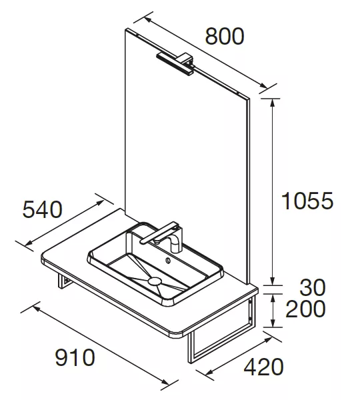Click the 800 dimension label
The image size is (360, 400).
pos(225,36)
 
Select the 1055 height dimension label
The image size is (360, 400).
pos(307,201)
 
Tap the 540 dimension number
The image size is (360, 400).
pos(43,209)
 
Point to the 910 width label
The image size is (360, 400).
pos(75,357)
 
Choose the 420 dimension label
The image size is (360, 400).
pos(263,367)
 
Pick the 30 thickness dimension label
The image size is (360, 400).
pos(312,287)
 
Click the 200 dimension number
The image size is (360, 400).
pos(305,309)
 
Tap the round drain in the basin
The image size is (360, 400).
pos(155,281)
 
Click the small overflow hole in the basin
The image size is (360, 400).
pos(168,261)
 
